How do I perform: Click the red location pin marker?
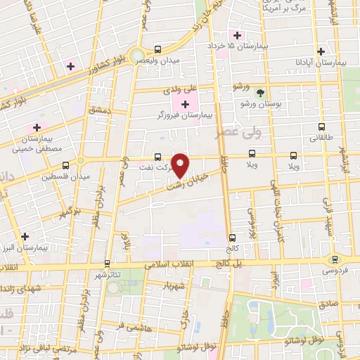point(181,165)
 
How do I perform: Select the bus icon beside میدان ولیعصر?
point(157,50)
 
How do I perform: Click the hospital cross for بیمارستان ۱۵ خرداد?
point(237,36)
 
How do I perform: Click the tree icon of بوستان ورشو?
point(260,93)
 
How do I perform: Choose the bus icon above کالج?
point(231,238)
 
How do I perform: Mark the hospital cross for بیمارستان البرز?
point(25,236)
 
